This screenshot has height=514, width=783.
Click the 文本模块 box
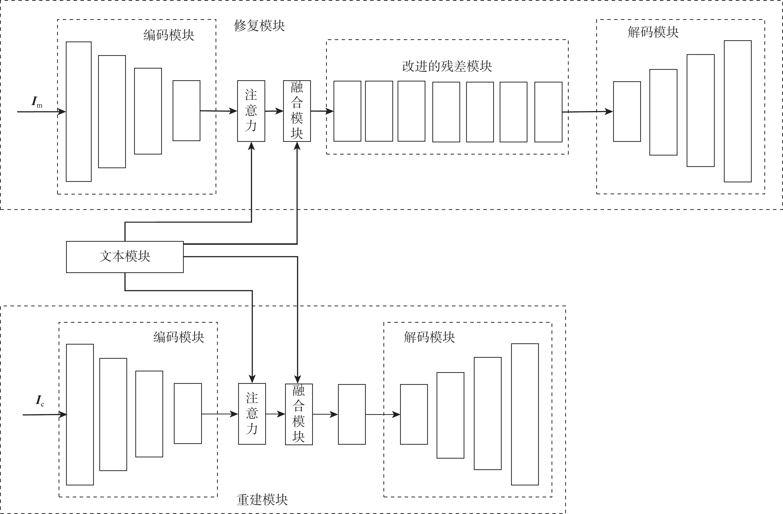click(125, 257)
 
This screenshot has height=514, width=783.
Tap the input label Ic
click(40, 401)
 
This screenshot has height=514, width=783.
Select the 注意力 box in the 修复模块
click(251, 111)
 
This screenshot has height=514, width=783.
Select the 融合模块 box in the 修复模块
click(297, 111)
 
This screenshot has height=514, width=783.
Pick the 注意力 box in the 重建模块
click(252, 414)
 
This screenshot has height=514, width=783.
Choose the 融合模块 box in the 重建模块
click(299, 414)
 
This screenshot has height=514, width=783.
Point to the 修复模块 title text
click(259, 26)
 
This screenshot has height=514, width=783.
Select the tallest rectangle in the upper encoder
click(79, 112)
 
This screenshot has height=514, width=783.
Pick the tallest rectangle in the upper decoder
click(738, 111)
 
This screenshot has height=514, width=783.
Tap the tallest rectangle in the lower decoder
click(525, 414)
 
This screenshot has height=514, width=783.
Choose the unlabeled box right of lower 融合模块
click(352, 414)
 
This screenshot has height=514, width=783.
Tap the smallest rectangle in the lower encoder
click(187, 413)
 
